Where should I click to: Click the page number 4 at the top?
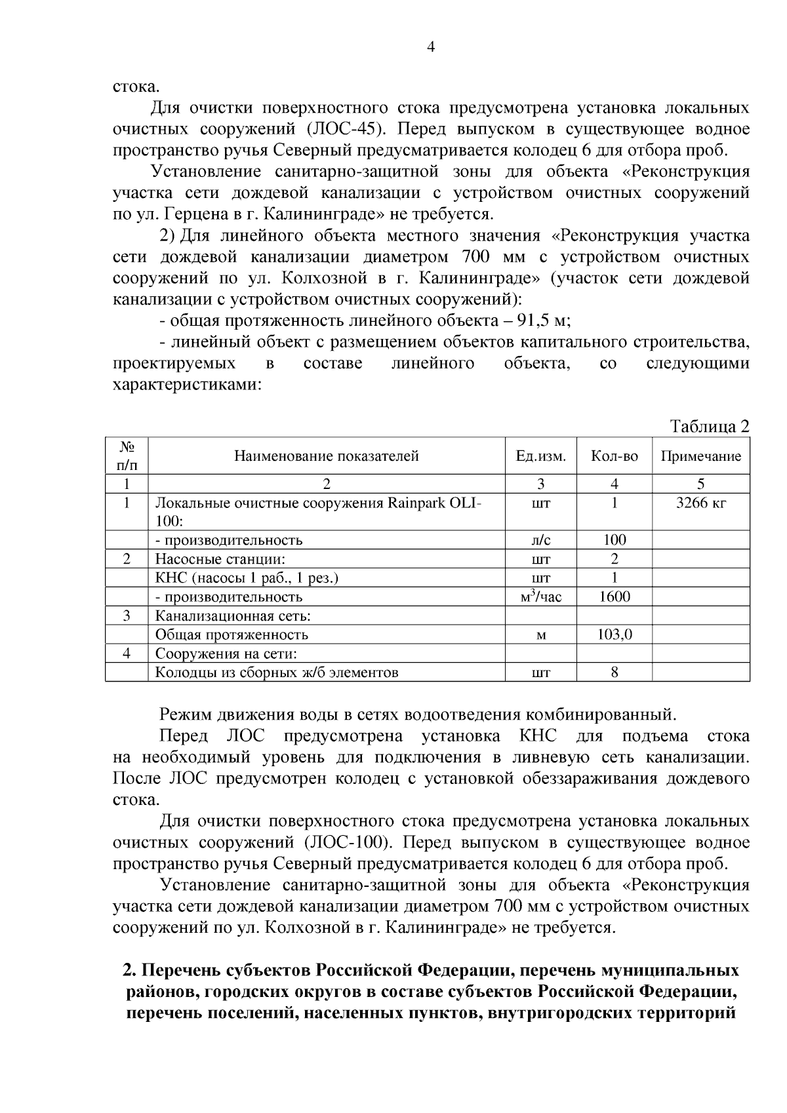click(431, 47)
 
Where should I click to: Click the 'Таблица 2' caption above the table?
click(709, 427)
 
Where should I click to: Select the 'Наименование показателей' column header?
click(327, 456)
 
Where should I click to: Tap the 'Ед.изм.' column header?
click(540, 456)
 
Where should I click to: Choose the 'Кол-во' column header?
click(614, 456)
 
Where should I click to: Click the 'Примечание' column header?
click(700, 456)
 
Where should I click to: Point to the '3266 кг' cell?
click(700, 503)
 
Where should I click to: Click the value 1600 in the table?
click(614, 596)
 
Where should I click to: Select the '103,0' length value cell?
click(614, 635)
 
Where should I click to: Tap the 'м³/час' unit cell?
click(540, 596)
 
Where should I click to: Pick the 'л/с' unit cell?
click(540, 540)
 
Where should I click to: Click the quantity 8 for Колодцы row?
click(614, 673)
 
